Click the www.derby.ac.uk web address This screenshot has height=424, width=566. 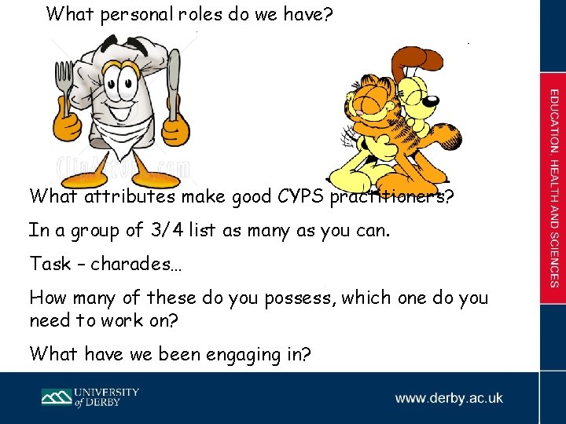coord(449,398)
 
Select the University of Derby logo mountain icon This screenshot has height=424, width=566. coord(57,397)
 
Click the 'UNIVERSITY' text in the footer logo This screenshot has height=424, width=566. coord(107,392)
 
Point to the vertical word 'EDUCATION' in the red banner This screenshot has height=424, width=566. coord(553,121)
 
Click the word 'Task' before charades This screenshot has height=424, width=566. coord(50,264)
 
